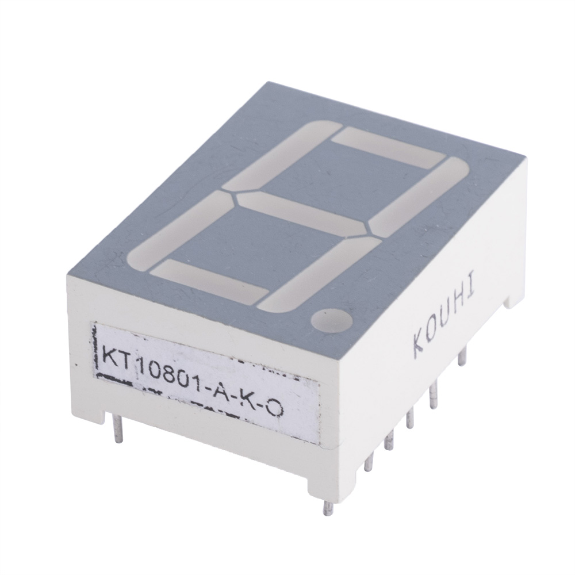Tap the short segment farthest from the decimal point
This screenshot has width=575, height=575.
(x=388, y=147)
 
